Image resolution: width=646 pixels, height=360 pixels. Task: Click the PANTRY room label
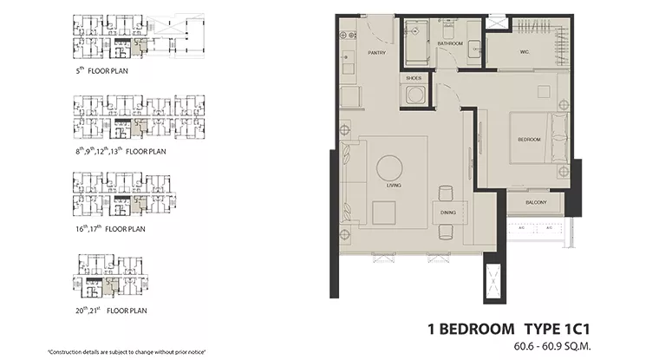(x=376, y=53)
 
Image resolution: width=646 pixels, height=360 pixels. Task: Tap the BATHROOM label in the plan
(x=449, y=43)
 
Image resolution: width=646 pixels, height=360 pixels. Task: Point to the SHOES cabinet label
(x=413, y=78)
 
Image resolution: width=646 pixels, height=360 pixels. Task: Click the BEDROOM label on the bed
(x=529, y=140)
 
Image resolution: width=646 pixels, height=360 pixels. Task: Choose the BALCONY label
(x=535, y=202)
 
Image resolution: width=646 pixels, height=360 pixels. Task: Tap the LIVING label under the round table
(x=390, y=185)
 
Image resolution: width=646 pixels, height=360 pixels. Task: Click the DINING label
(x=447, y=211)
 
